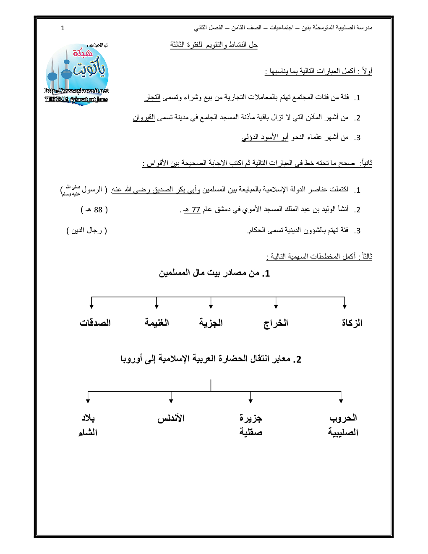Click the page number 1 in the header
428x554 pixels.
point(63,28)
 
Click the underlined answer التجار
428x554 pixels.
point(152,97)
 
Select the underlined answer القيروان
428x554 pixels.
point(144,118)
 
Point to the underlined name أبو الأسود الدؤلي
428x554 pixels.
point(265,137)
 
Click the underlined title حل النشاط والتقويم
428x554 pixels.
point(214,44)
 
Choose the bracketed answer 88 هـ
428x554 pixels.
point(94,210)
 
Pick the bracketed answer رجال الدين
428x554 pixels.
point(87,230)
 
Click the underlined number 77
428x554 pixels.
point(196,210)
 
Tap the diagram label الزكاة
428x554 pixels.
point(352,323)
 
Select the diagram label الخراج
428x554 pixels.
point(276,323)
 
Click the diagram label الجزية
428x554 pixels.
point(211,323)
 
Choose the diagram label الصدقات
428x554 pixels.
point(95,323)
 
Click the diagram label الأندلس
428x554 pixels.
point(171,418)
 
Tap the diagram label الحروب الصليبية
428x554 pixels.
point(343,425)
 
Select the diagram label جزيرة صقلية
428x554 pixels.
point(251,425)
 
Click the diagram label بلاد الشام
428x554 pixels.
point(88,425)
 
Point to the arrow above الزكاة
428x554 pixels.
point(344,303)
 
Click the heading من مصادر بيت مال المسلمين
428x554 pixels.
point(214,273)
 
